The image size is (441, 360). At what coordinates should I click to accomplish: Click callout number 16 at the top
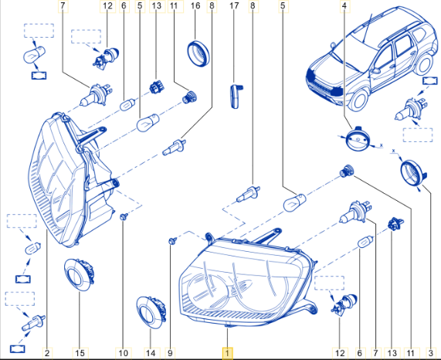[195, 5]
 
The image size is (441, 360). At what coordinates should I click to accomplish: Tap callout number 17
[234, 5]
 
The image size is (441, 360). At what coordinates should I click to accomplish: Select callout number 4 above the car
[344, 5]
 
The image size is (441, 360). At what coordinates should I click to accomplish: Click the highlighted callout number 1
[227, 353]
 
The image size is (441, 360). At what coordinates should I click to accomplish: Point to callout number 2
[47, 353]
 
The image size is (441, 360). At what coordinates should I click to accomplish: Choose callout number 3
[431, 353]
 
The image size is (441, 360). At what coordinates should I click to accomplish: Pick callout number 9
[170, 353]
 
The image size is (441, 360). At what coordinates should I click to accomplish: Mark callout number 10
[124, 353]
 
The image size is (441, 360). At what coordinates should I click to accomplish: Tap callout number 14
[151, 353]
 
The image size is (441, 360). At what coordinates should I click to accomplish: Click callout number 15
[80, 353]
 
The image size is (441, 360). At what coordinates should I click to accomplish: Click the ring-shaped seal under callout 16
[198, 53]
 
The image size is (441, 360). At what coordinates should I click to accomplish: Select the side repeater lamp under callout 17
[236, 96]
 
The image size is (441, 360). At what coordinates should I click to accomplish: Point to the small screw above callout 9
[172, 241]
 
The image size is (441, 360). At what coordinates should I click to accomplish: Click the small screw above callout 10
[124, 216]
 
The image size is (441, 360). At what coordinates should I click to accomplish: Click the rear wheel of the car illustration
[424, 64]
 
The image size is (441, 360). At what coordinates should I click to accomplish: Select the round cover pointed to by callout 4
[358, 139]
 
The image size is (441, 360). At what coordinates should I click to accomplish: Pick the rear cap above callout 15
[80, 275]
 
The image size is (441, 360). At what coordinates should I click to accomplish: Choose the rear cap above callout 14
[151, 312]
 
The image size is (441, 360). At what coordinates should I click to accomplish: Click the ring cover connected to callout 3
[413, 173]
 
